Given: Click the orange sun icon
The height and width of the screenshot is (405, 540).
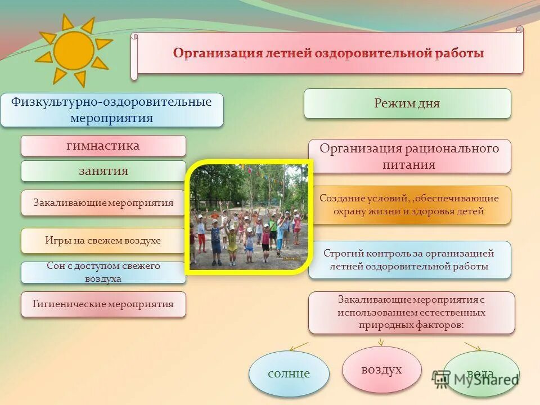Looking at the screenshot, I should [74, 50].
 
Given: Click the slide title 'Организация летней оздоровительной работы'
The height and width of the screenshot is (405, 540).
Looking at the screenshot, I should [328, 53].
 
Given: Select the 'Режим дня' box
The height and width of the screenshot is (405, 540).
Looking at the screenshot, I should [407, 103].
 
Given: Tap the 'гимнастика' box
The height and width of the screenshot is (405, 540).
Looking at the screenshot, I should [103, 146].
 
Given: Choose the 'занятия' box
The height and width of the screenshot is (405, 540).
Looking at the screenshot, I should [103, 171].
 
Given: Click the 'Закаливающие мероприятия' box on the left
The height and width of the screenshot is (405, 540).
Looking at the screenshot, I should [103, 202].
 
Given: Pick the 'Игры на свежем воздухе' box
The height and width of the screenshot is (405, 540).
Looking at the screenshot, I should [103, 240].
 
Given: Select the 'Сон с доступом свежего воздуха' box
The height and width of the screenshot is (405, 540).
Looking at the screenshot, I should [103, 272].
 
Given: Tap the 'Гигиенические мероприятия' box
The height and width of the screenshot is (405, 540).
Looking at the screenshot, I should [103, 304].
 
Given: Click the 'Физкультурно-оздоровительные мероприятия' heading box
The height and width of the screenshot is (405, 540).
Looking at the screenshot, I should [111, 110].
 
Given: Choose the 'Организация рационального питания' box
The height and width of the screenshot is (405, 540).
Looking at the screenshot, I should [409, 156].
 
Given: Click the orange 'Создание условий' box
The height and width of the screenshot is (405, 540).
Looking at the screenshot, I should [409, 205].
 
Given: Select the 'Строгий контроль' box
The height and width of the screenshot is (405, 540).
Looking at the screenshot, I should [409, 260].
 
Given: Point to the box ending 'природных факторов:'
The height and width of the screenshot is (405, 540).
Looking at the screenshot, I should [411, 312].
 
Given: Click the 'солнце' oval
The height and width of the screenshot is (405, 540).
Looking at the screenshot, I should [289, 373].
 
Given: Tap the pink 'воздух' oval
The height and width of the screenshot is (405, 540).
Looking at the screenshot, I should [381, 370].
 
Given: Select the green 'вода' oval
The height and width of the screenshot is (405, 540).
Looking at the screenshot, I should [481, 373].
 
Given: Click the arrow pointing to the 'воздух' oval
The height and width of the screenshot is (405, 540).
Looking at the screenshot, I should [381, 341].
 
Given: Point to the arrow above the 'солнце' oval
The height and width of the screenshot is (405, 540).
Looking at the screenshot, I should [299, 345].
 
